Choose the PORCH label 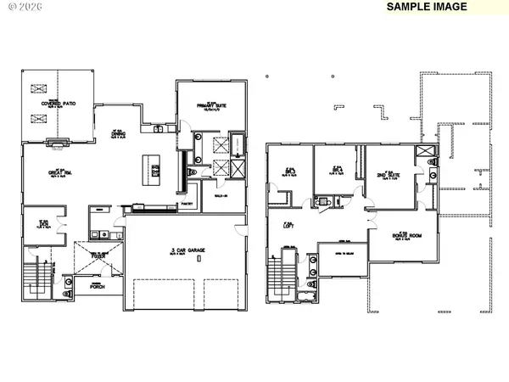pos(97,286)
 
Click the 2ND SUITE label pos(389,177)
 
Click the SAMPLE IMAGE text pos(426,7)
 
